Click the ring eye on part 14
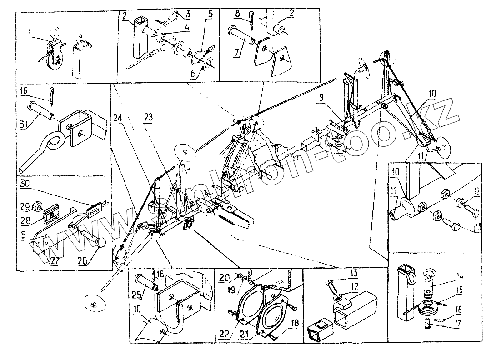[429, 274]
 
